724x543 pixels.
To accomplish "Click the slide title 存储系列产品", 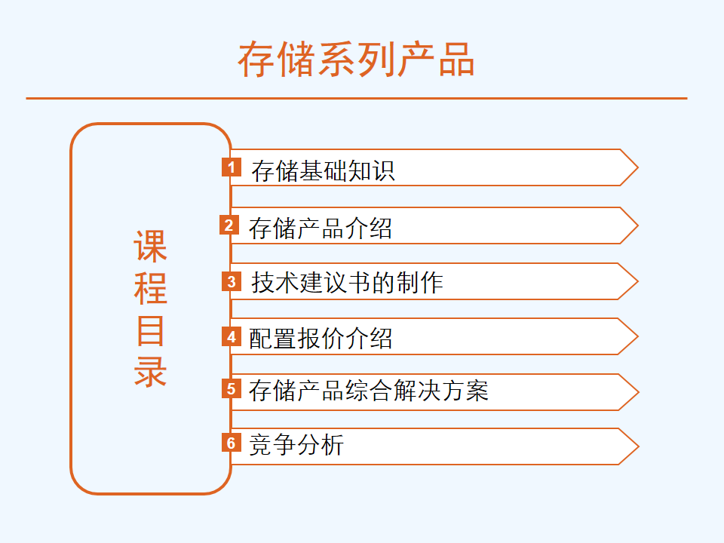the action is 356,59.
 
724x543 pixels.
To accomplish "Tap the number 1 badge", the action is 232,167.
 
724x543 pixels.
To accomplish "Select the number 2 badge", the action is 229,225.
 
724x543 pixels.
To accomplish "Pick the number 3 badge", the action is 232,281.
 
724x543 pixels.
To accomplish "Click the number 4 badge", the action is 232,337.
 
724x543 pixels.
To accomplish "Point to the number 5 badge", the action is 232,389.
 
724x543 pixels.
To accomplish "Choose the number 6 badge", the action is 232,443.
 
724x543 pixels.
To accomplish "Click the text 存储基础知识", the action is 324,171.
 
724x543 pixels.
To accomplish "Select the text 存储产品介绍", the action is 321,229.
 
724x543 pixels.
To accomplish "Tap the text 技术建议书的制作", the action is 347,283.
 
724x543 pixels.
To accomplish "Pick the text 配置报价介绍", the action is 321,339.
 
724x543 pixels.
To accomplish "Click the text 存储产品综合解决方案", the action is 369,391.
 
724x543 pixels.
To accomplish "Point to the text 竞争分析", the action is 296,445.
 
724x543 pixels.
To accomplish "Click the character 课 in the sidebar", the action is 151,246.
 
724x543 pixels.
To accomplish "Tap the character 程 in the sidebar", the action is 151,288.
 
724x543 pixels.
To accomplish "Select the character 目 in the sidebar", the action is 151,330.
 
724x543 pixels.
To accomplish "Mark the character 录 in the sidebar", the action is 151,372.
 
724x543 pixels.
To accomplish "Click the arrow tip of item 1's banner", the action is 638,167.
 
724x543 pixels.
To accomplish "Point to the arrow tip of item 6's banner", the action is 639,446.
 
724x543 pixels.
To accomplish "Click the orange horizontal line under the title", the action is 357,98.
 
